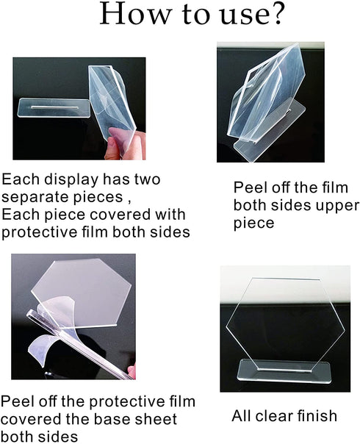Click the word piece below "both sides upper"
(x=253, y=222)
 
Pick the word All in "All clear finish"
(x=242, y=416)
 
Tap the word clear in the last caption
(x=276, y=416)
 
